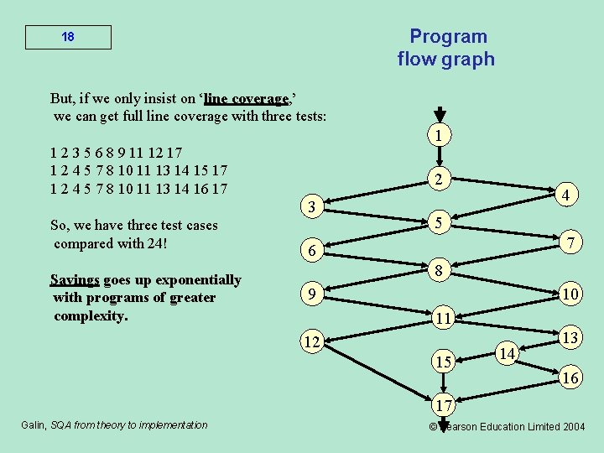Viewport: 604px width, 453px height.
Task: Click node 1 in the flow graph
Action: click(440, 136)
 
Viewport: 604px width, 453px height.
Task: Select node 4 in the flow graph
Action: click(567, 195)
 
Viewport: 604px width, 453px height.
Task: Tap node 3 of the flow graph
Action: click(311, 207)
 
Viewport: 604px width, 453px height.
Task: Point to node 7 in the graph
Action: click(570, 242)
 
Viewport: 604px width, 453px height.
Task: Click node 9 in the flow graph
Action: click(311, 295)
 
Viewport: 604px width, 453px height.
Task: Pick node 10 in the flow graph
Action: click(570, 294)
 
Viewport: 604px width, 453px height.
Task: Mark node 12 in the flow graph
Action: click(312, 342)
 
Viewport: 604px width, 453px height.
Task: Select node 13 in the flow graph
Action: click(570, 337)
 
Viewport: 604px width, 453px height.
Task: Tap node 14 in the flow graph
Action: click(507, 354)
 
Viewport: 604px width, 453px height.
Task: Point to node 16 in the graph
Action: click(570, 377)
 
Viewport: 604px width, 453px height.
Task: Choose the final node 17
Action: click(444, 406)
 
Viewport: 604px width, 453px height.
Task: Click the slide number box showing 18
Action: click(68, 38)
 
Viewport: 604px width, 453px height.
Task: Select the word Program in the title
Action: click(448, 36)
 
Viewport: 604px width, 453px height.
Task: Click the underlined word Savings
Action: click(75, 279)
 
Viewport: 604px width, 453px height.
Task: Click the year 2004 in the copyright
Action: click(573, 426)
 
